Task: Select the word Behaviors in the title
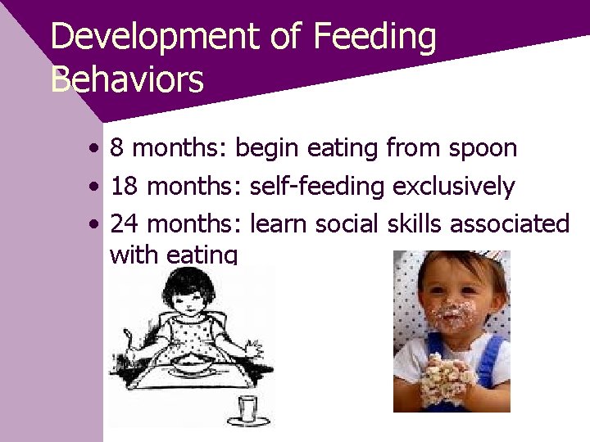[x=127, y=80]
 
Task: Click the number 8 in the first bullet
[x=117, y=148]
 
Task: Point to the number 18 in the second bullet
[x=124, y=187]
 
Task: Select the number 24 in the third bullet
[x=124, y=223]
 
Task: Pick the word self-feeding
[x=316, y=187]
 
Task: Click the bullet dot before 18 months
[x=97, y=187]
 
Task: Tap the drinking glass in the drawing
[x=248, y=407]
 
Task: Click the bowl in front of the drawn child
[x=193, y=362]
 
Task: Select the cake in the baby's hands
[x=449, y=381]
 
